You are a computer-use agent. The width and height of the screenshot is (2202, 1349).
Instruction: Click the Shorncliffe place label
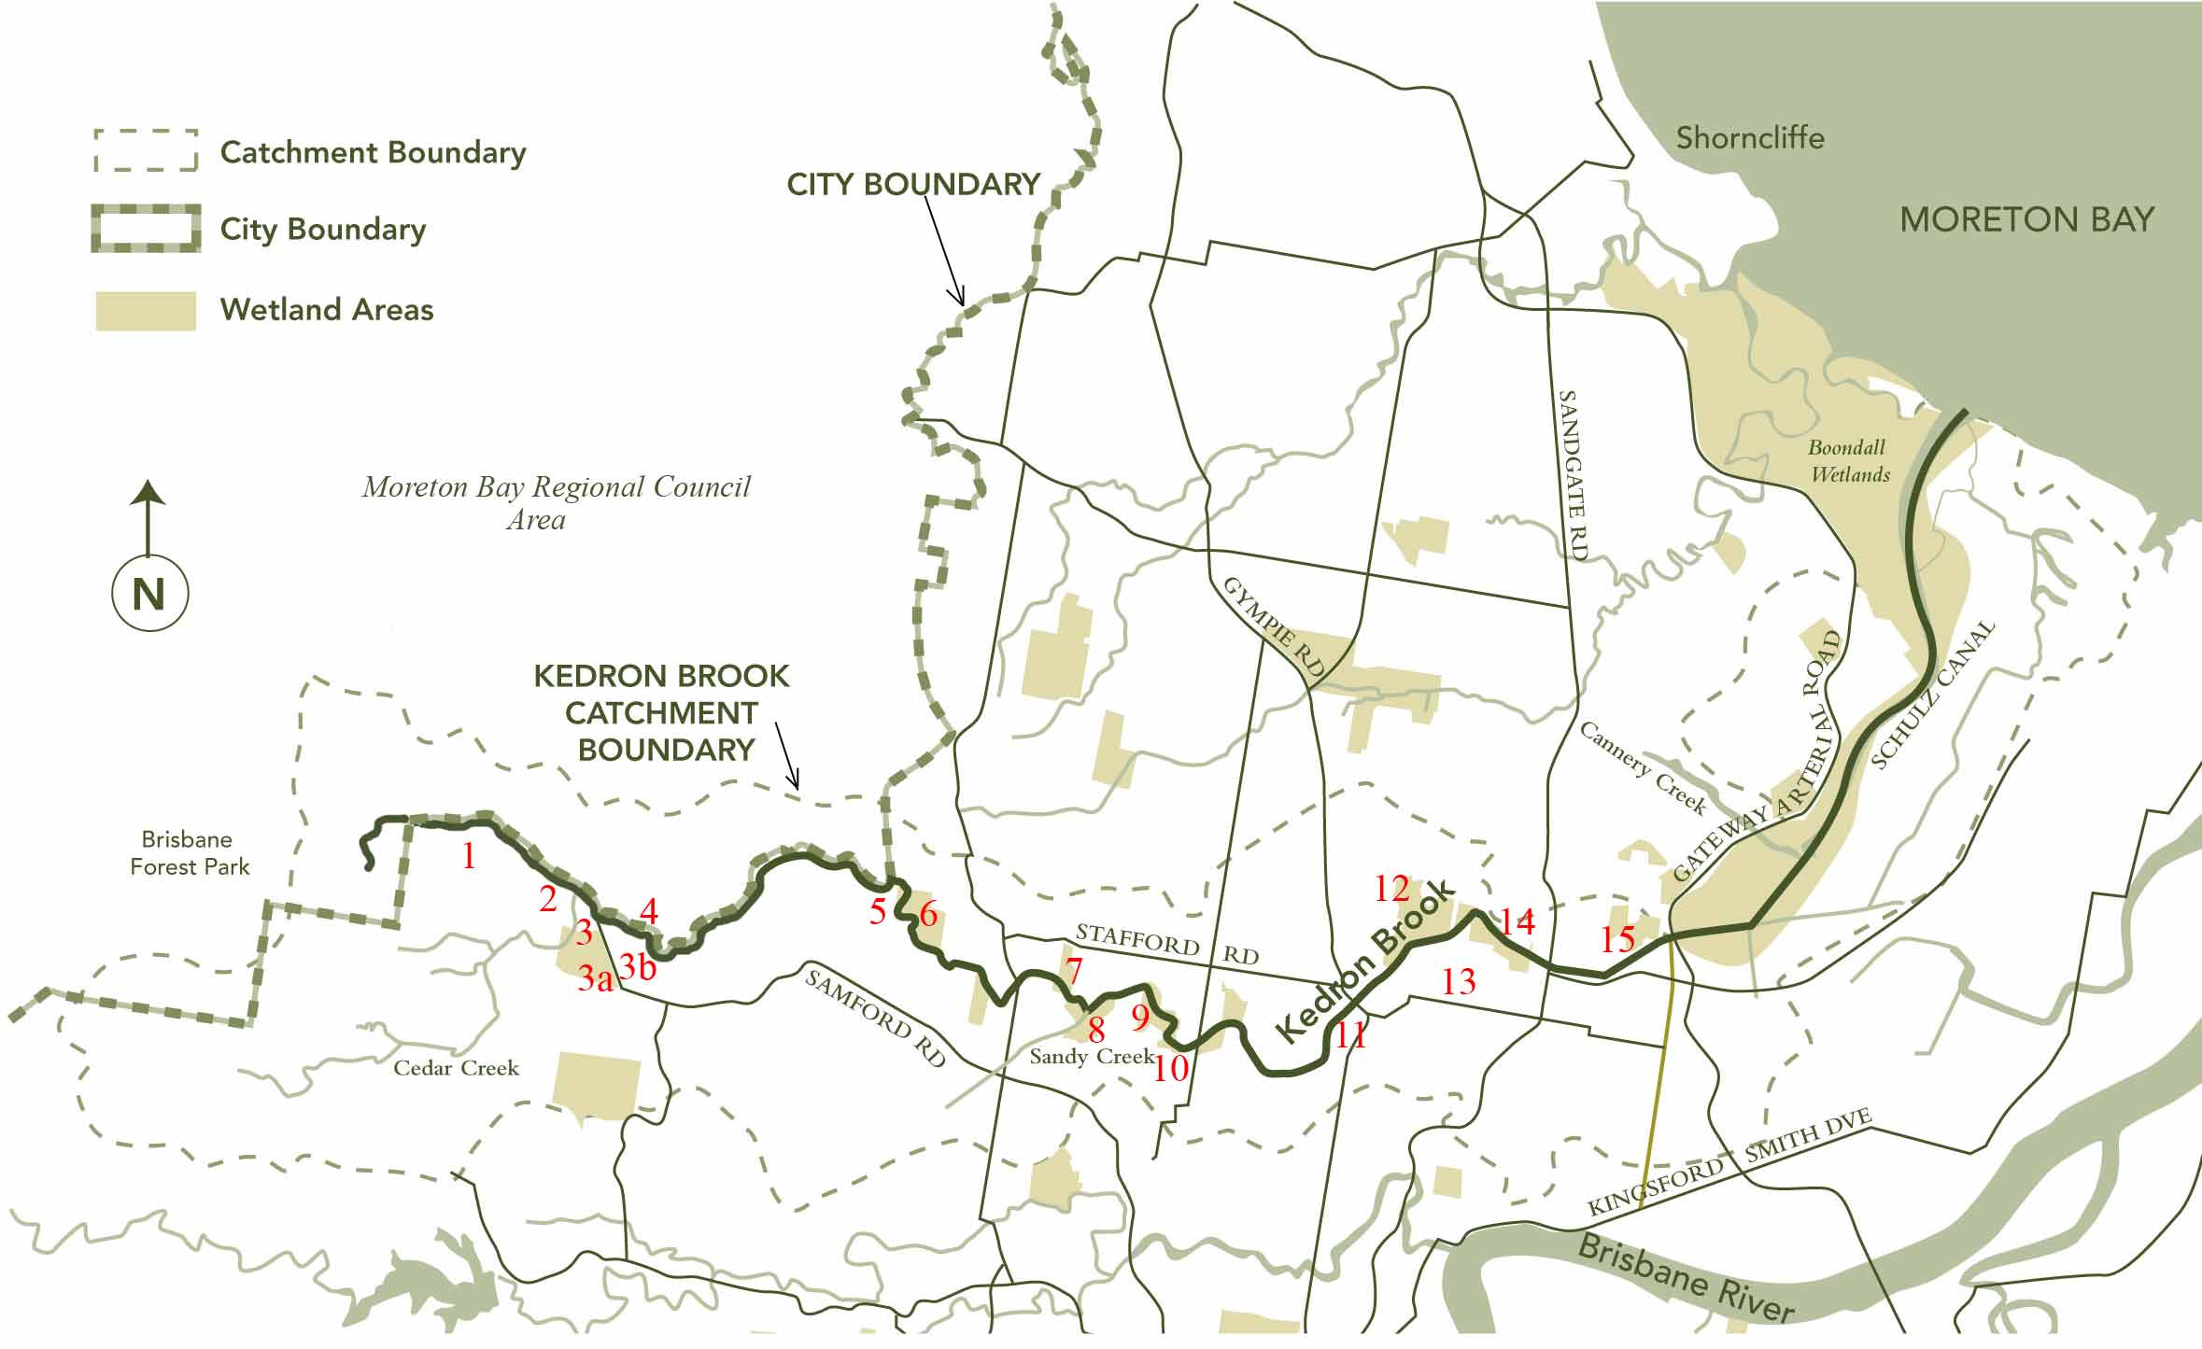pyautogui.click(x=1749, y=138)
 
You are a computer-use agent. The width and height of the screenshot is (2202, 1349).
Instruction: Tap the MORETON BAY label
pyautogui.click(x=2026, y=220)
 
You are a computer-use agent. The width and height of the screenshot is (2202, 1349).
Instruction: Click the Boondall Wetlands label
pyautogui.click(x=1849, y=461)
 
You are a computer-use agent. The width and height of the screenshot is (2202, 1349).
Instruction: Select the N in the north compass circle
pyautogui.click(x=149, y=595)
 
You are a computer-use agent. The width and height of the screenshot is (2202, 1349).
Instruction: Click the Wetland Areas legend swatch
pyautogui.click(x=146, y=311)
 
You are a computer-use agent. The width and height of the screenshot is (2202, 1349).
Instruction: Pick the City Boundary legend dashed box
pyautogui.click(x=146, y=230)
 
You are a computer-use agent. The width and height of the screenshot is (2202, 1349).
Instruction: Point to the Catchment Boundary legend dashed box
pyautogui.click(x=146, y=151)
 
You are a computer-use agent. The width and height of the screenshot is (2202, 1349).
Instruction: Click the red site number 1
pyautogui.click(x=469, y=855)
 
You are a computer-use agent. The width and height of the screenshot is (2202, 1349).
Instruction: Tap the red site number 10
pyautogui.click(x=1171, y=1067)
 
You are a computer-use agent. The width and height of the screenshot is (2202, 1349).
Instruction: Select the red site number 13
pyautogui.click(x=1459, y=981)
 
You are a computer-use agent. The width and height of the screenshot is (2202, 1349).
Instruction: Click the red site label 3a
pyautogui.click(x=595, y=978)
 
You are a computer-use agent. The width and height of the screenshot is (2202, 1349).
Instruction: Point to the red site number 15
pyautogui.click(x=1617, y=938)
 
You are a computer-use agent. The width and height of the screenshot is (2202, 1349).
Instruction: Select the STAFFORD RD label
pyautogui.click(x=1166, y=944)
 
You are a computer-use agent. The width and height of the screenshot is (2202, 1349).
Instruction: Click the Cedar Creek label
pyautogui.click(x=456, y=1068)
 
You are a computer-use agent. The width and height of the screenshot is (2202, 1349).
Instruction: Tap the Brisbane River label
pyautogui.click(x=1686, y=1277)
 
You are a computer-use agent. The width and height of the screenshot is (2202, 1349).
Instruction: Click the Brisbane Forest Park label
pyautogui.click(x=190, y=853)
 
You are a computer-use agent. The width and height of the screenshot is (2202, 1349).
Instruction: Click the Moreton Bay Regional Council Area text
pyautogui.click(x=556, y=502)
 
